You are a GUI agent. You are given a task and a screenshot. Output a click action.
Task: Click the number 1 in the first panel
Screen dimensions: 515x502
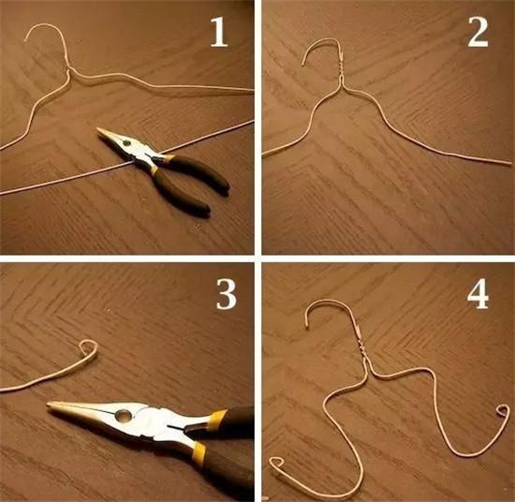pyautogui.click(x=219, y=32)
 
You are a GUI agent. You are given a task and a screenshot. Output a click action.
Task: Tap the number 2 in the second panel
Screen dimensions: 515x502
pyautogui.click(x=478, y=32)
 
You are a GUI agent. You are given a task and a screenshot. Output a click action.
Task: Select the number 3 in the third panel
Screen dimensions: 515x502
pyautogui.click(x=227, y=294)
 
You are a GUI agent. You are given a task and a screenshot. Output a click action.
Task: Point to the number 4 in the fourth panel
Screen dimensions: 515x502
pyautogui.click(x=478, y=294)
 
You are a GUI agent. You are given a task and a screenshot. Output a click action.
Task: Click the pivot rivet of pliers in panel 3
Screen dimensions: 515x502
pyautogui.click(x=124, y=416)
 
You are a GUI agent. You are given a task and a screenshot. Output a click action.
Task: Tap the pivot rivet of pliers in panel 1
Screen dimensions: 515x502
pyautogui.click(x=126, y=143)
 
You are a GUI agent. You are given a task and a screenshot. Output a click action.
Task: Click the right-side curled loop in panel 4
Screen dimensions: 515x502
pyautogui.click(x=503, y=411)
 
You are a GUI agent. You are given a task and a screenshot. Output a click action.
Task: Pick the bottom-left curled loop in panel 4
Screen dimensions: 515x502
pyautogui.click(x=277, y=463)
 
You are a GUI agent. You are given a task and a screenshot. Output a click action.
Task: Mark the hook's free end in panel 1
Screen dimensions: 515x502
pyautogui.click(x=25, y=39)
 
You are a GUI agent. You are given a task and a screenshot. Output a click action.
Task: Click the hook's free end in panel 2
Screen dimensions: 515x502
pyautogui.click(x=303, y=65)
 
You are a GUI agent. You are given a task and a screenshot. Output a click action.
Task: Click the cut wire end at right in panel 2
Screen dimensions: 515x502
pyautogui.click(x=510, y=163)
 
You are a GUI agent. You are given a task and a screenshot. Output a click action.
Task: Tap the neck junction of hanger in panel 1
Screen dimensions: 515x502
pyautogui.click(x=69, y=71)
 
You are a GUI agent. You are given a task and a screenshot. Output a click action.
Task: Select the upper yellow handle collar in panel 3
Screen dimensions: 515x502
pyautogui.click(x=218, y=417)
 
